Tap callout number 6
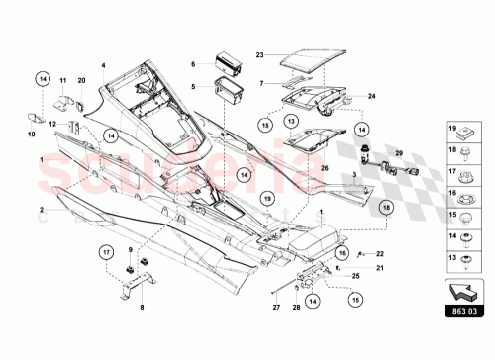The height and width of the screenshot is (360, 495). pos(194,63)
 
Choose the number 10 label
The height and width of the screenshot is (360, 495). pos(30,133)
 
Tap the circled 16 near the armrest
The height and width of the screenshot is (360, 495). pos(341,254)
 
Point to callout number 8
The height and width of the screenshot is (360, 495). pos(142,307)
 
